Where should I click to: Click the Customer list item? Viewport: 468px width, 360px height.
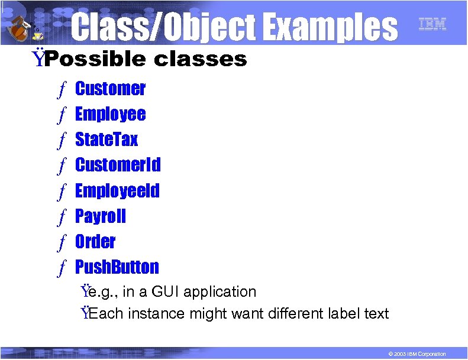pyautogui.click(x=110, y=89)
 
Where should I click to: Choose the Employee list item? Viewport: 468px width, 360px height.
pyautogui.click(x=110, y=114)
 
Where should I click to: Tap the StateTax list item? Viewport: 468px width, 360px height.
pyautogui.click(x=106, y=140)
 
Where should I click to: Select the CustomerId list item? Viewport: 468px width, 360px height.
pyautogui.click(x=118, y=164)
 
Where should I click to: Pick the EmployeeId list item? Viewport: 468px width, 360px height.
pyautogui.click(x=117, y=190)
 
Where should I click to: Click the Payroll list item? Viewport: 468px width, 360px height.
pyautogui.click(x=101, y=216)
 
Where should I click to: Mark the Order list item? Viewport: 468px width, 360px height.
pyautogui.click(x=95, y=242)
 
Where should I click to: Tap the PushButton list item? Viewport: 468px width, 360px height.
pyautogui.click(x=117, y=267)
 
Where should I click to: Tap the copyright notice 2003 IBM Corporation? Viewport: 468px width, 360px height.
pyautogui.click(x=414, y=353)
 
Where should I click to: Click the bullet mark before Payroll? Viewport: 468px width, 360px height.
pyautogui.click(x=61, y=217)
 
